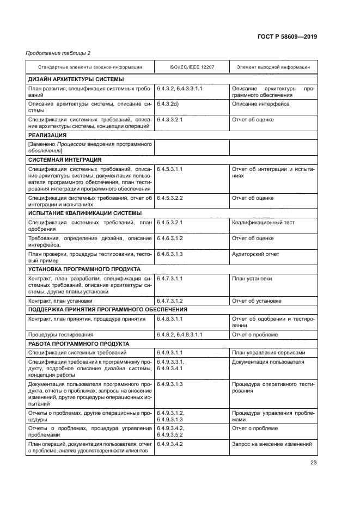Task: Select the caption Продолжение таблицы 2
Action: (58, 53)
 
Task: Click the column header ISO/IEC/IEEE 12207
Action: (192, 67)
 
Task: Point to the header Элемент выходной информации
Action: (273, 67)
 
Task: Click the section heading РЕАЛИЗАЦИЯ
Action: (47, 135)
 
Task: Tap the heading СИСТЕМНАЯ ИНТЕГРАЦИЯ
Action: (64, 160)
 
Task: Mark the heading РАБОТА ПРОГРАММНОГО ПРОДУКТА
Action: (78, 344)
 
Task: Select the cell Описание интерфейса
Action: (260, 103)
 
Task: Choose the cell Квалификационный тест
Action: (263, 223)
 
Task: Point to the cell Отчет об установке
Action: (257, 300)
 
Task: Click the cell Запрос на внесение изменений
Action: (271, 444)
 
